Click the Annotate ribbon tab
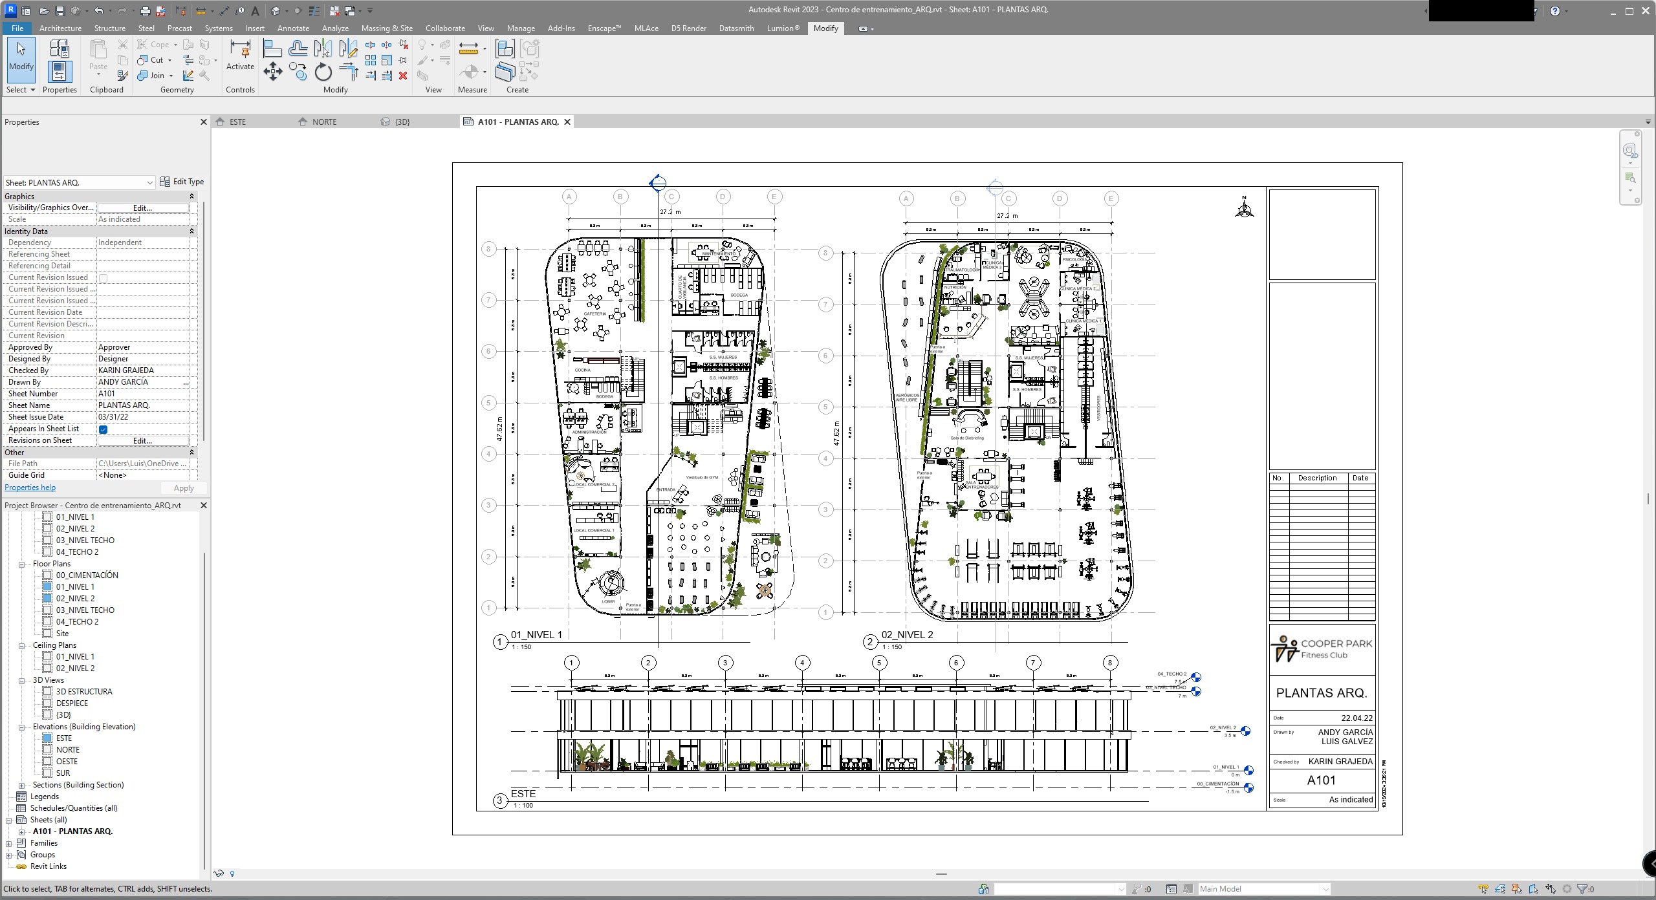pyautogui.click(x=293, y=28)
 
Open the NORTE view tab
pyautogui.click(x=324, y=122)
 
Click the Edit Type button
pyautogui.click(x=182, y=182)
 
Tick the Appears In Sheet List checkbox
pyautogui.click(x=103, y=429)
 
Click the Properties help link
pyautogui.click(x=30, y=487)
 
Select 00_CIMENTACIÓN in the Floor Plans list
pyautogui.click(x=87, y=575)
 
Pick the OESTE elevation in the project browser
pyautogui.click(x=67, y=762)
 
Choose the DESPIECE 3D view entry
pyautogui.click(x=72, y=703)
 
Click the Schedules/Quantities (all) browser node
pyautogui.click(x=74, y=808)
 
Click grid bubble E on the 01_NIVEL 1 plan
pyautogui.click(x=774, y=197)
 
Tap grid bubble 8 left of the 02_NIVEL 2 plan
pyautogui.click(x=825, y=253)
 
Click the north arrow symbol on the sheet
pyautogui.click(x=1244, y=208)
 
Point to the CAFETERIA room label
pyautogui.click(x=594, y=314)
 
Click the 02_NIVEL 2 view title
pyautogui.click(x=907, y=635)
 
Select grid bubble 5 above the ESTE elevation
pyautogui.click(x=879, y=663)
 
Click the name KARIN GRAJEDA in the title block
pyautogui.click(x=1340, y=762)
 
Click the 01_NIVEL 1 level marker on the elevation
pyautogui.click(x=1248, y=771)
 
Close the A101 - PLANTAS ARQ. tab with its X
pyautogui.click(x=567, y=122)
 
